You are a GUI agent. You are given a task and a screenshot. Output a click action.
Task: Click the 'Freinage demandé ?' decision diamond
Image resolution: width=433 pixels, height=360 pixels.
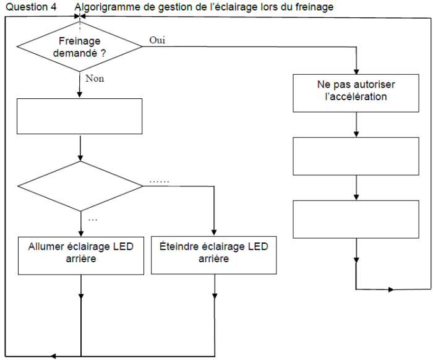click(80, 46)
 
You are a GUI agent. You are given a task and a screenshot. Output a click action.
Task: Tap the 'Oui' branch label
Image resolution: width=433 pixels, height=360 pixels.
click(157, 40)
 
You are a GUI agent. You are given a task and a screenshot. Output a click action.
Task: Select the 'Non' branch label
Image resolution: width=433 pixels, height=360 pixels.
click(95, 79)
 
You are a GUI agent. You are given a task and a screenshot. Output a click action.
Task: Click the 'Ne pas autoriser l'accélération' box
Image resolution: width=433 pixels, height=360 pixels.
click(356, 93)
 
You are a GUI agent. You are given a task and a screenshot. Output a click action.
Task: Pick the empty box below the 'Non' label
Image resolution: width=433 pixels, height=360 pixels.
click(80, 116)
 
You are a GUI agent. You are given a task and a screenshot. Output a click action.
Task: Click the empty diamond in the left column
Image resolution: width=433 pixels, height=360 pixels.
click(80, 186)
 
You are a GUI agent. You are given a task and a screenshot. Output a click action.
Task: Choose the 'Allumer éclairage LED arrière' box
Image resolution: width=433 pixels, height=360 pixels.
click(81, 255)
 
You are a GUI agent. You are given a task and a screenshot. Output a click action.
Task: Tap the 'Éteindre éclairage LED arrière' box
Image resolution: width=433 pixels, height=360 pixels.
click(214, 255)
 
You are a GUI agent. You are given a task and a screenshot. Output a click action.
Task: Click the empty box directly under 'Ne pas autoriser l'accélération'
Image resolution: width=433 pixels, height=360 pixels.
click(356, 156)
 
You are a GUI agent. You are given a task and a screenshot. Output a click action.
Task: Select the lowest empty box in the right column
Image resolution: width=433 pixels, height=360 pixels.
click(356, 220)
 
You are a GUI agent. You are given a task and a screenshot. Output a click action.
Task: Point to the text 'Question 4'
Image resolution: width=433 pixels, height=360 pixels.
click(31, 7)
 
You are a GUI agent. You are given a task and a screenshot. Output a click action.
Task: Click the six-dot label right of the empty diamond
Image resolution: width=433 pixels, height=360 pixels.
click(160, 182)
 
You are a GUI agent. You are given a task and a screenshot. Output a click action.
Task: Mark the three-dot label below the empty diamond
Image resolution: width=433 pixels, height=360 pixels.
click(93, 220)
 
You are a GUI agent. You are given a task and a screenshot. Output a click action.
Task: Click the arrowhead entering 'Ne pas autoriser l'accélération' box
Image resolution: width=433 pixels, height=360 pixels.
click(356, 72)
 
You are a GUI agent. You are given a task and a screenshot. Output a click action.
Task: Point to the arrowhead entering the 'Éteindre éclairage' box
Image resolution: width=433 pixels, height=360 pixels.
click(214, 233)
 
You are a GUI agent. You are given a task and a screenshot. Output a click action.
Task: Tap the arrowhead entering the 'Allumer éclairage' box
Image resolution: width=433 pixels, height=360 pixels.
click(81, 233)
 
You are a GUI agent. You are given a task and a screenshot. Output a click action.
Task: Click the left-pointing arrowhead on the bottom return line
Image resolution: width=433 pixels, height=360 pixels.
click(54, 356)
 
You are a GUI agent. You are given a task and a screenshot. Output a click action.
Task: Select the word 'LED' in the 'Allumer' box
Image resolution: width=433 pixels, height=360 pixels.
click(123, 246)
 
